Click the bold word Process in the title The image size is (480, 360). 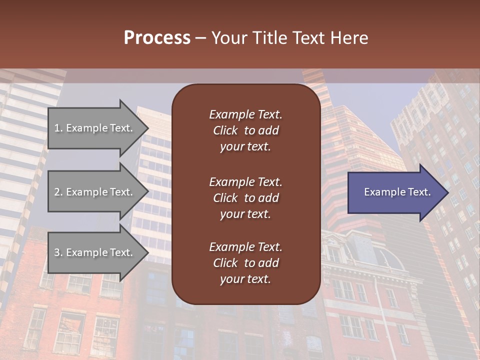click(157, 38)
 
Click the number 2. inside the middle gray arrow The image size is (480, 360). click(58, 192)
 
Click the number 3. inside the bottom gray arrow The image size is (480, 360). click(58, 252)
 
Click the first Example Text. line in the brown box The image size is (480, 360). click(245, 114)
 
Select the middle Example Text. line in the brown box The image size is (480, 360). click(245, 182)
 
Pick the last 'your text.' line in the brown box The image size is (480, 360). click(245, 279)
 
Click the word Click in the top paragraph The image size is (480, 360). click(225, 130)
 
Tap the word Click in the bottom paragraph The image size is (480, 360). click(225, 263)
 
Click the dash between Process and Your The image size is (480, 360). click(201, 38)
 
